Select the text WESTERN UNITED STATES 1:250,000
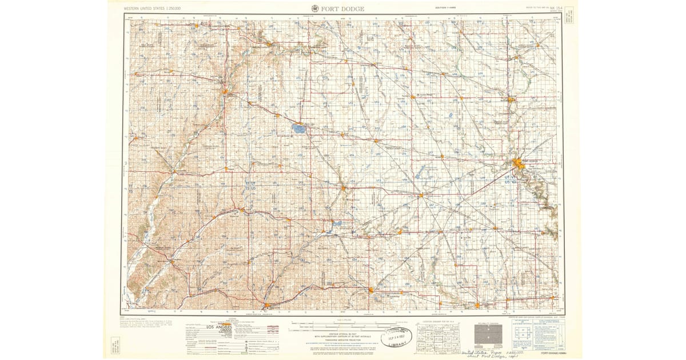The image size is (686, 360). pos(152,9)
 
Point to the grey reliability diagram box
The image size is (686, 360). pos(489,334)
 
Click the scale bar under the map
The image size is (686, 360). pos(338,326)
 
